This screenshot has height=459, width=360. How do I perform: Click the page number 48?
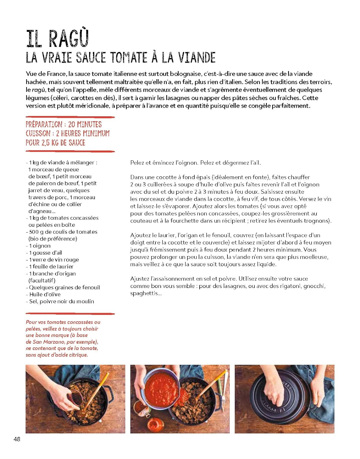(x=17, y=439)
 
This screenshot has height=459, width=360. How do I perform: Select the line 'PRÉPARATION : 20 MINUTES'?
(x=64, y=124)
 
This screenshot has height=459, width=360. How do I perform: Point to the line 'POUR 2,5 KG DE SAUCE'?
(x=55, y=143)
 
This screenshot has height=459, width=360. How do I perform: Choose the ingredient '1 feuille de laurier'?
(x=51, y=267)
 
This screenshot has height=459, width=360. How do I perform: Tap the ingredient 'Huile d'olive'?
(x=45, y=294)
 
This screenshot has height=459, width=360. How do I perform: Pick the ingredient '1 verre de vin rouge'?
(x=54, y=260)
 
